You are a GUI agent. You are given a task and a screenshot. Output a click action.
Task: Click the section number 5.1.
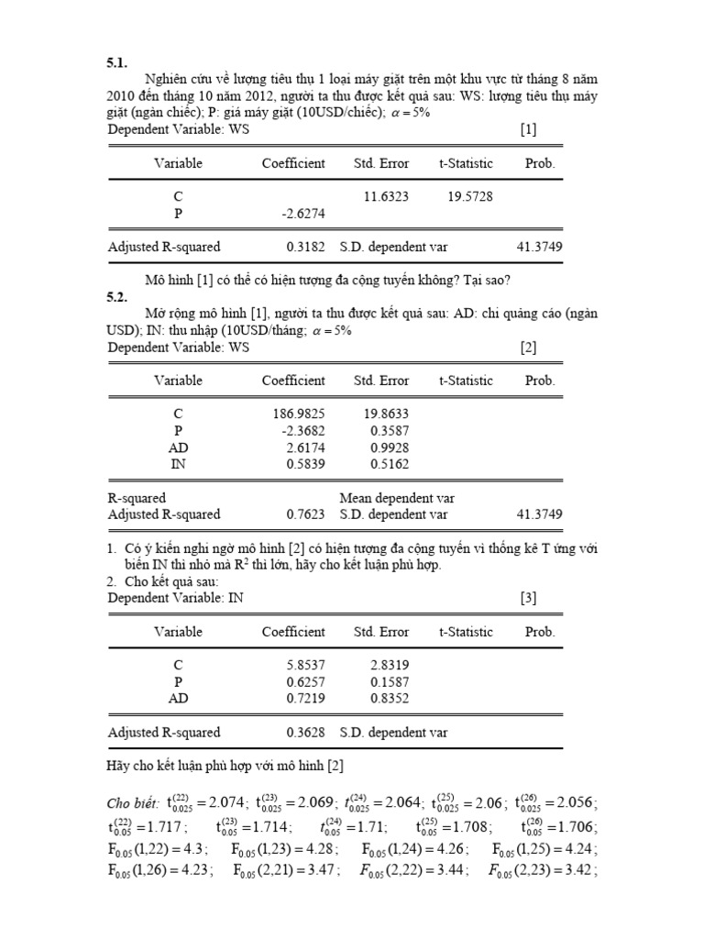pyautogui.click(x=117, y=63)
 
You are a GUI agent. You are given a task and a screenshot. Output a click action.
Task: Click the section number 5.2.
pyautogui.click(x=117, y=297)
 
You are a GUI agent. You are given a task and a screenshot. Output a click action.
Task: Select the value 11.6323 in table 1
pyautogui.click(x=386, y=196)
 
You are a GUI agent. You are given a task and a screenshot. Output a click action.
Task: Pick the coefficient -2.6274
pyautogui.click(x=300, y=213)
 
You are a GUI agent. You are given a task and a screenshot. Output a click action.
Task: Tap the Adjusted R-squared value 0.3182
pyautogui.click(x=305, y=247)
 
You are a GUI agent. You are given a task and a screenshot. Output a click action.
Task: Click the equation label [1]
pyautogui.click(x=528, y=130)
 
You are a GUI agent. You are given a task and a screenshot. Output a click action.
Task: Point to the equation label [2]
pyautogui.click(x=528, y=348)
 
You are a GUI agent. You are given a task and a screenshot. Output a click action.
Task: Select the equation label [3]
pyautogui.click(x=528, y=598)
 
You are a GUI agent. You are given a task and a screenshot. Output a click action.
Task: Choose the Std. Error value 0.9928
pyautogui.click(x=389, y=447)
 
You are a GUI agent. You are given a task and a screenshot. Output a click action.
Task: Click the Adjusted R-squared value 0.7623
pyautogui.click(x=305, y=514)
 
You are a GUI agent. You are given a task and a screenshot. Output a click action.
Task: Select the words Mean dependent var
pyautogui.click(x=397, y=498)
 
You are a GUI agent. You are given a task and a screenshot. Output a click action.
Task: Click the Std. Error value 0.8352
pyautogui.click(x=389, y=698)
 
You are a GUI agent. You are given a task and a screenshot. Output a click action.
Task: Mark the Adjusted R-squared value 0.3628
pyautogui.click(x=305, y=733)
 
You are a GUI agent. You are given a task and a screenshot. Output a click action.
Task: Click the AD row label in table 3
pyautogui.click(x=178, y=698)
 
